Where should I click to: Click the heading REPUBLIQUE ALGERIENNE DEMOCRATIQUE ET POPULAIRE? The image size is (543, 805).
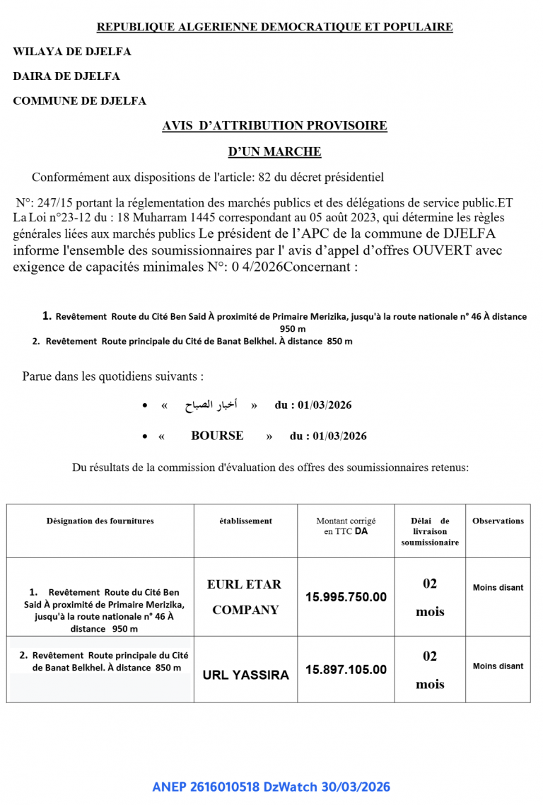[x=274, y=27]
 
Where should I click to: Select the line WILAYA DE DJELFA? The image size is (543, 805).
[x=71, y=52]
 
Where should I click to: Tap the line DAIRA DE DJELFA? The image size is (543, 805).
[x=66, y=76]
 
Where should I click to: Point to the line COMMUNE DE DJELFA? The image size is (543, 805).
[x=79, y=101]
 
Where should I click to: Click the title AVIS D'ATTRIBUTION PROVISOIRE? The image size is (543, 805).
[x=274, y=126]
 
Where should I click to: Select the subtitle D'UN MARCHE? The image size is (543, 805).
[x=274, y=151]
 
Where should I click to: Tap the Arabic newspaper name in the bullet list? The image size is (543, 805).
[x=211, y=405]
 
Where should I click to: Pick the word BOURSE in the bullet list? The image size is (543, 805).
[x=217, y=436]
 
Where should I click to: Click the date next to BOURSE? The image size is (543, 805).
[x=328, y=436]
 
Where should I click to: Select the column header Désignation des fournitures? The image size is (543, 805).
[x=100, y=521]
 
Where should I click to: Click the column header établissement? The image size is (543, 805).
[x=245, y=521]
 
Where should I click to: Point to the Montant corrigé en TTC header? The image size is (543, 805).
[x=346, y=526]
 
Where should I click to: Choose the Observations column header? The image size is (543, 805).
[x=498, y=521]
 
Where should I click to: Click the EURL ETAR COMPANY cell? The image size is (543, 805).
[x=244, y=597]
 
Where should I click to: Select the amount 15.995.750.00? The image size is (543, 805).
[x=346, y=597]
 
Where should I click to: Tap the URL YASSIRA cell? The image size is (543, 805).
[x=245, y=675]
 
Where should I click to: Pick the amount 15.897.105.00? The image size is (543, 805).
[x=346, y=669]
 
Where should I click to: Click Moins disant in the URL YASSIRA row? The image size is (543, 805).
[x=498, y=666]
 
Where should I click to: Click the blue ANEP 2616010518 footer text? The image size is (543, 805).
[x=271, y=787]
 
